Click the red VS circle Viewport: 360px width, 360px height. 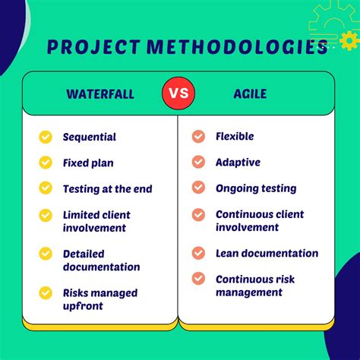click(x=178, y=94)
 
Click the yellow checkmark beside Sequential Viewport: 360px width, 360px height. click(x=46, y=137)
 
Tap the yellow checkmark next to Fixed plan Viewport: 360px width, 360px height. click(x=46, y=163)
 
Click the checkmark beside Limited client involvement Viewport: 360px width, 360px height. click(x=46, y=215)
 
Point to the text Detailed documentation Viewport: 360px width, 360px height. click(x=101, y=261)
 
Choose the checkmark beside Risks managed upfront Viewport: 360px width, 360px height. click(x=46, y=292)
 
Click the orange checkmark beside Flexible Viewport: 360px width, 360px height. click(x=198, y=137)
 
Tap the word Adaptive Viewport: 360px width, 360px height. click(x=238, y=163)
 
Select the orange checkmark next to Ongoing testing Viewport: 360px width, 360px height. click(x=198, y=188)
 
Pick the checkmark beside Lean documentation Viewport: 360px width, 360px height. click(x=198, y=254)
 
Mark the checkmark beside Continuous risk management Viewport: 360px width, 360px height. click(x=198, y=279)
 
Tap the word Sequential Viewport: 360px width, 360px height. click(x=89, y=137)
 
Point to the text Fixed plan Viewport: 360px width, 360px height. click(x=88, y=163)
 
